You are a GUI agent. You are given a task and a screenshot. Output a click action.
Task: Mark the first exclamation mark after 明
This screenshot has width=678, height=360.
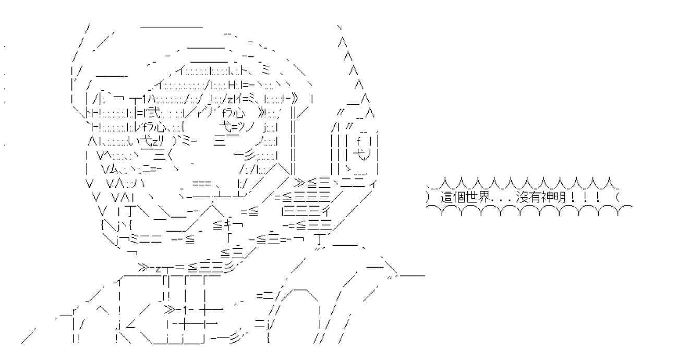[x=572, y=197]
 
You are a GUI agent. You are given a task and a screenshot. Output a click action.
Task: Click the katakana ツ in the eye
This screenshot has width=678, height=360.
[x=242, y=127]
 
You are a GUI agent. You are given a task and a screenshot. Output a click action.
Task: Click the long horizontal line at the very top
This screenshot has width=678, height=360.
[x=172, y=28]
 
